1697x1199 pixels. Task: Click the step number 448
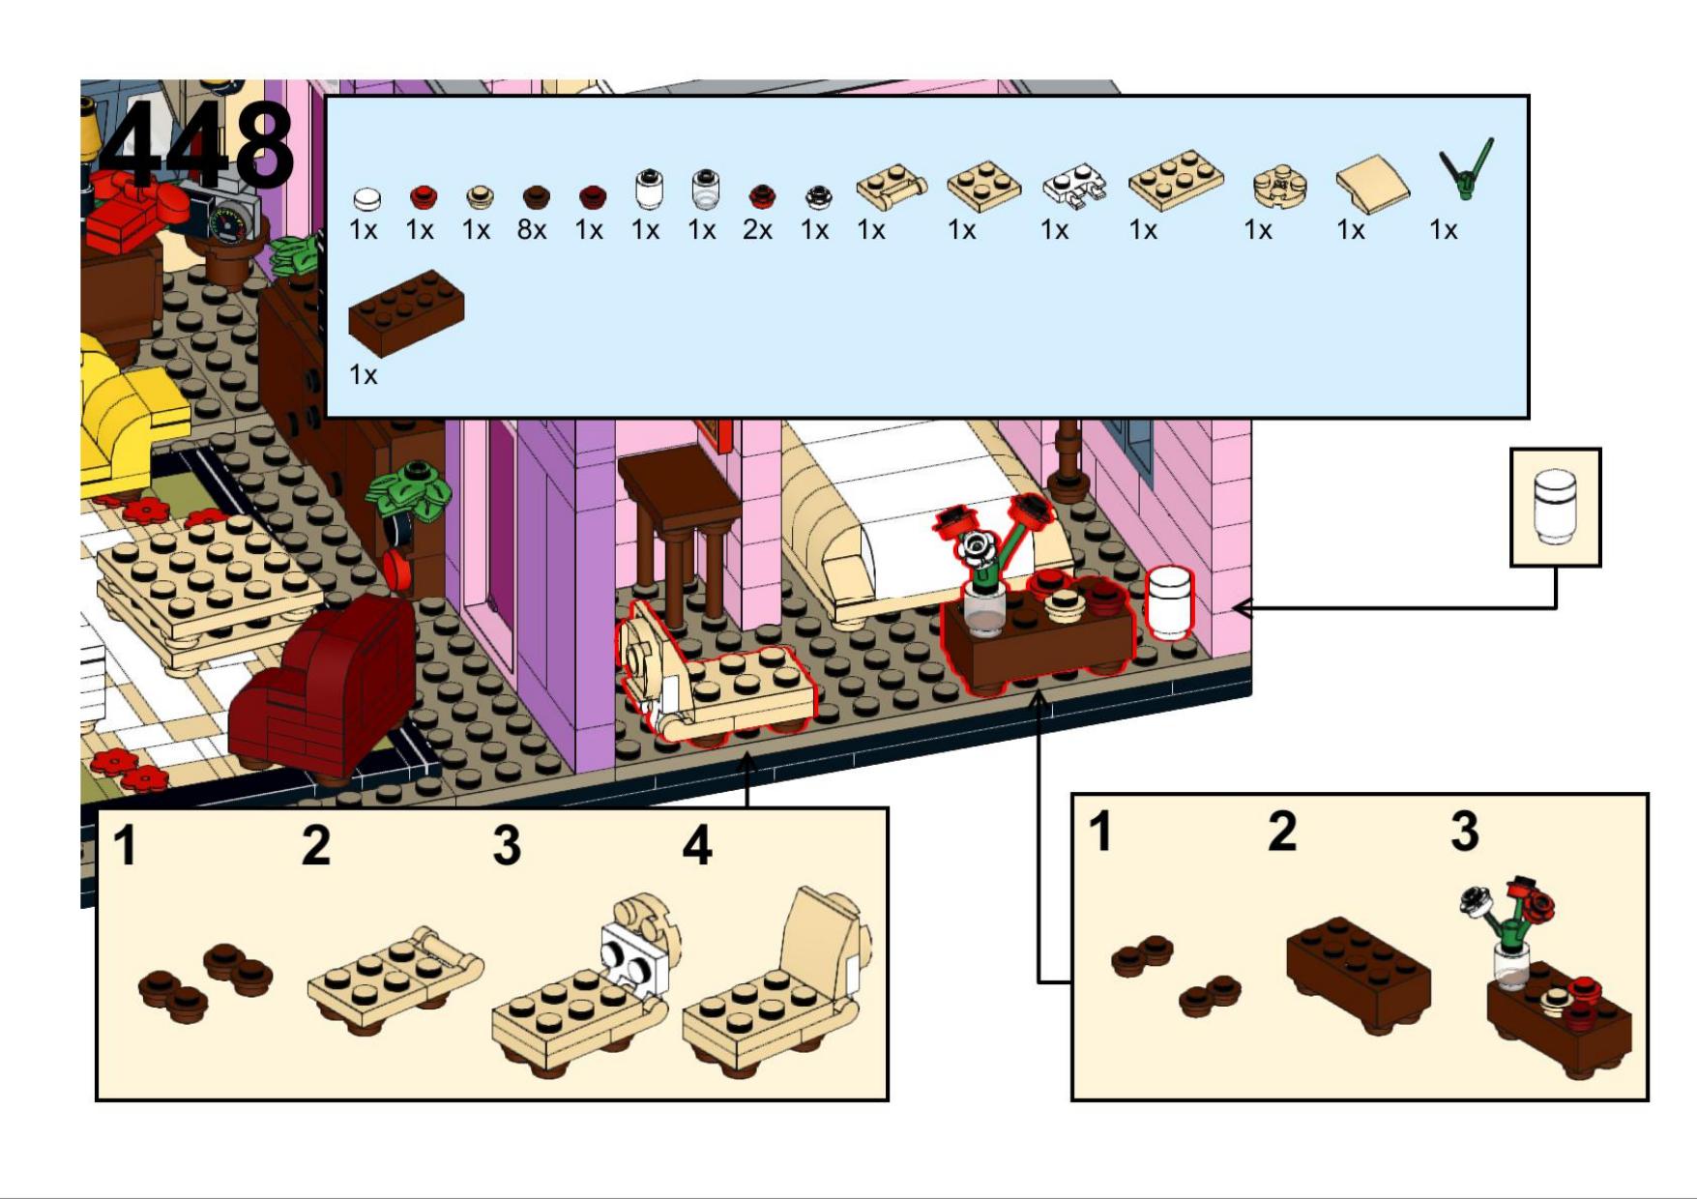197,145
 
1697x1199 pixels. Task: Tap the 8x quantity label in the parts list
532,230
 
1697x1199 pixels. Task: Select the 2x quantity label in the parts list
757,230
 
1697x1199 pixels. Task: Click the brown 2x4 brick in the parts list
406,312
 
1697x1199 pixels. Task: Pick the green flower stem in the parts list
1466,169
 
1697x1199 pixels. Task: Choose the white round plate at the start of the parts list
366,199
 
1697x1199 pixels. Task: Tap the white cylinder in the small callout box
1555,506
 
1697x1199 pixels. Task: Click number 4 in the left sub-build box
697,846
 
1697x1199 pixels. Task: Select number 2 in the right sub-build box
1282,832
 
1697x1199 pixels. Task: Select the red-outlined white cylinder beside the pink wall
1170,602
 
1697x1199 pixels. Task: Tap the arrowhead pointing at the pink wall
1244,608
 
